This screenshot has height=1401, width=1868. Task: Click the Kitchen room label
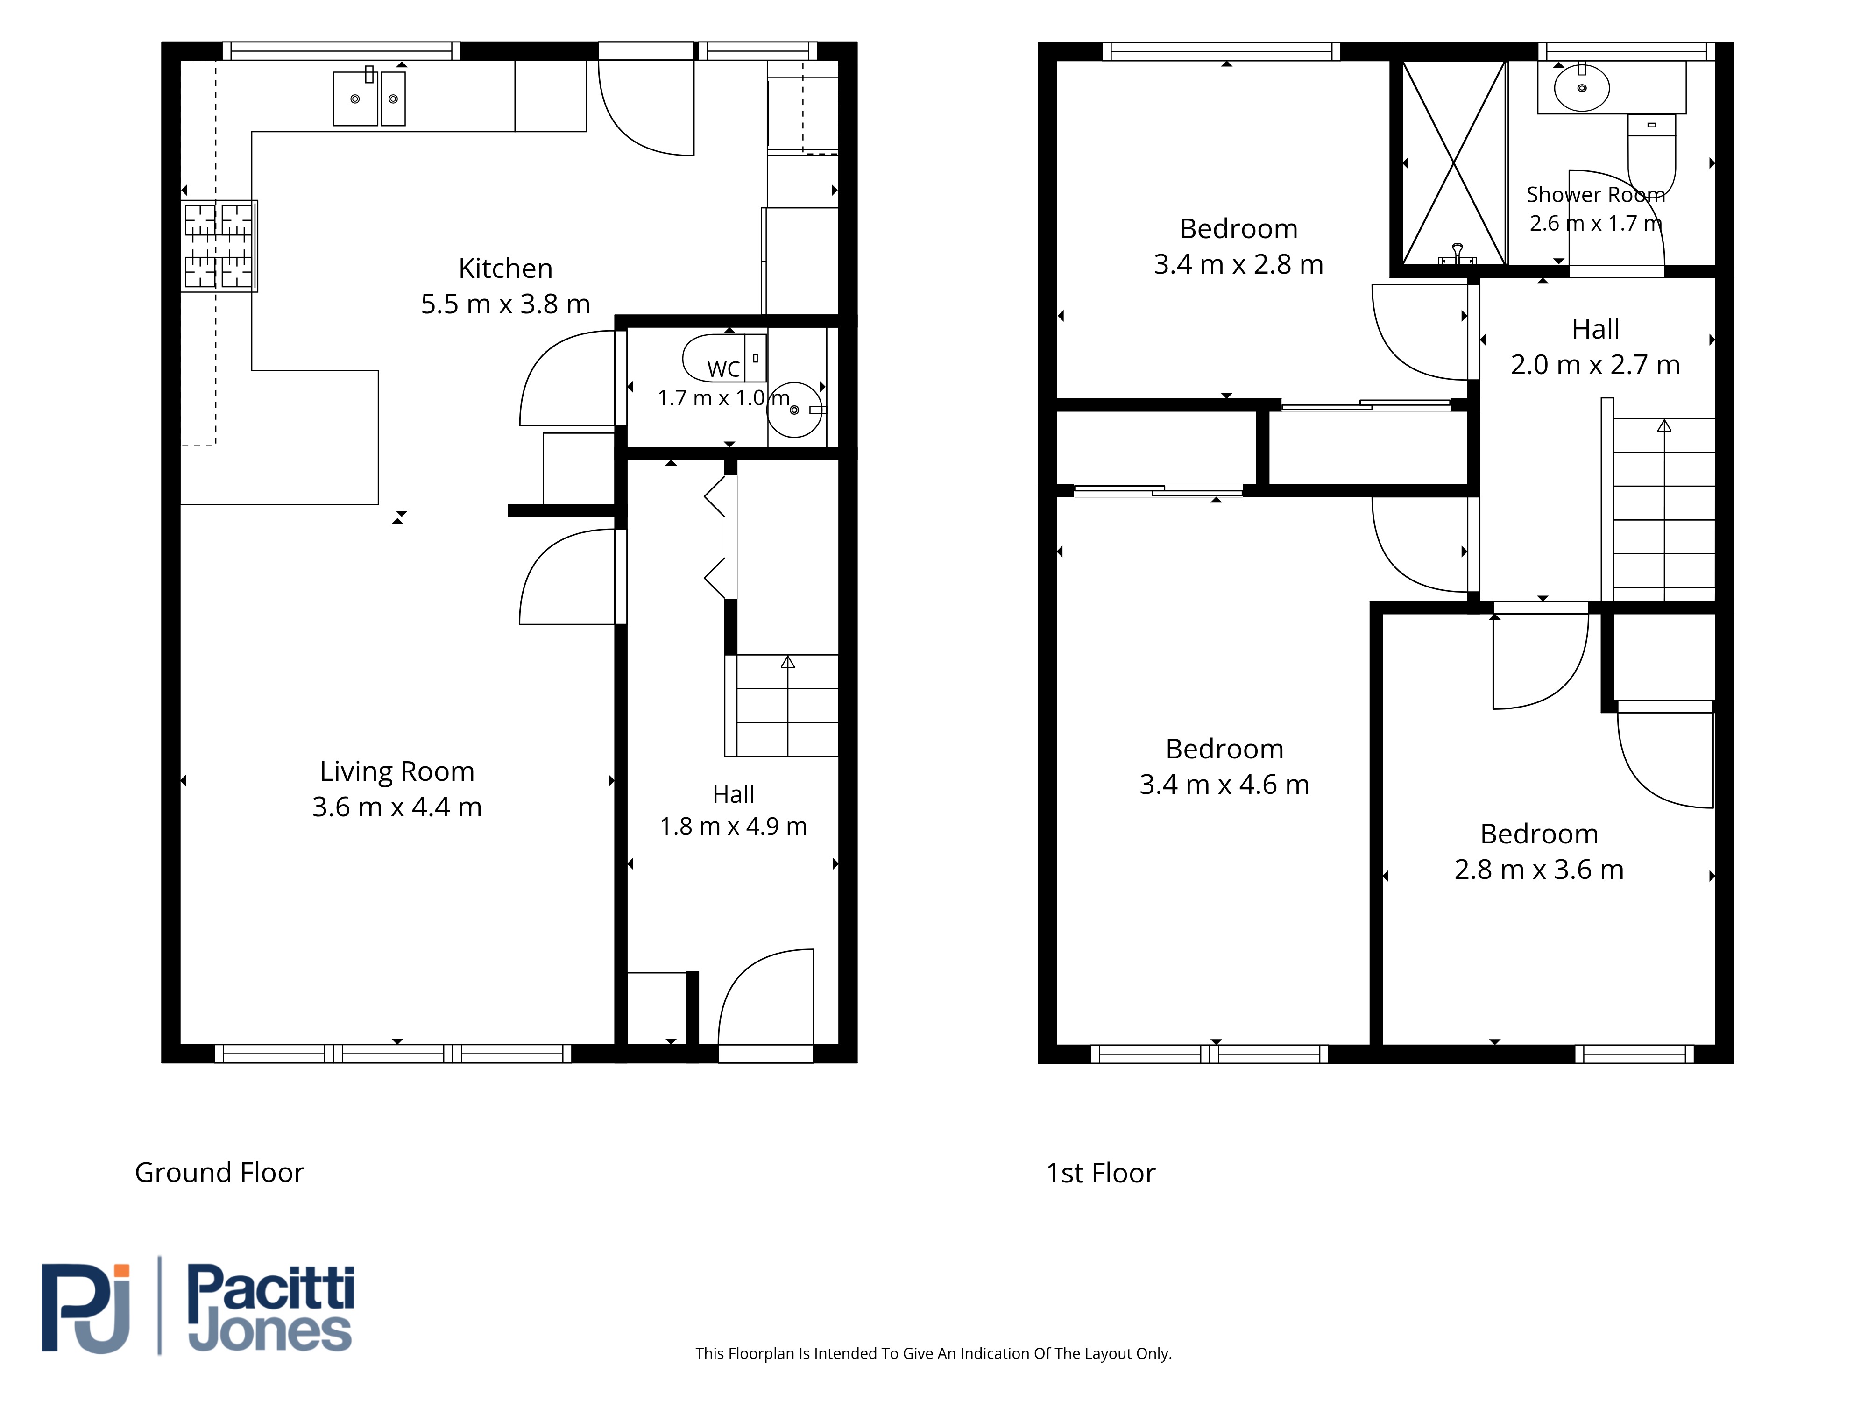(505, 269)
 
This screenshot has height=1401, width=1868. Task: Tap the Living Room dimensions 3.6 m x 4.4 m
(397, 807)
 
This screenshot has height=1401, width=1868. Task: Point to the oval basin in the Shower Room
(1582, 88)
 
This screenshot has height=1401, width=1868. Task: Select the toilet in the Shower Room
(1651, 157)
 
